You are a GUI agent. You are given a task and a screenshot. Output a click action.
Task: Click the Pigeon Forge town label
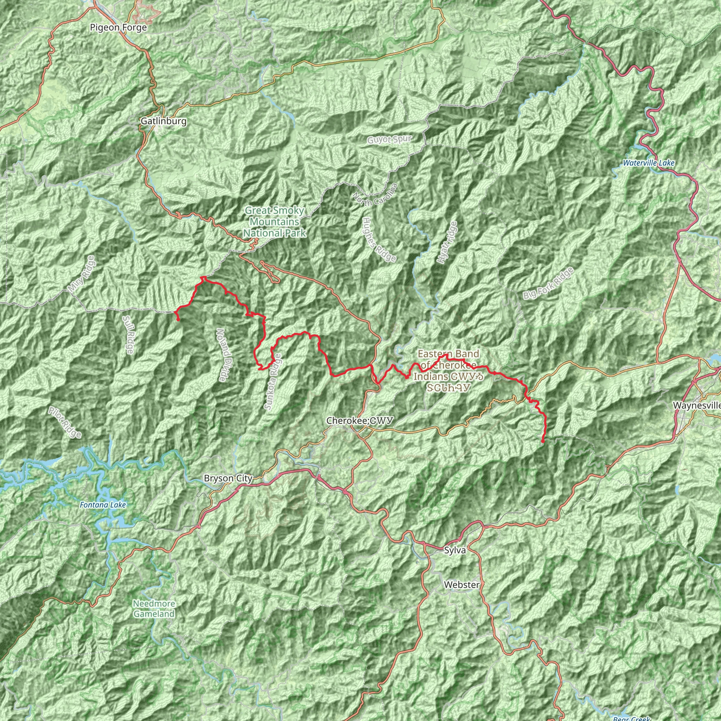[x=118, y=27]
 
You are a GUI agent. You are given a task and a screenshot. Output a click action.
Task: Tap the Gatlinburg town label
[x=163, y=121]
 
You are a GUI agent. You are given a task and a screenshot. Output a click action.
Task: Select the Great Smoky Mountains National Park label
[x=275, y=222]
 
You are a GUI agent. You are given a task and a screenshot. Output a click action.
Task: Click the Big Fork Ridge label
[x=548, y=284]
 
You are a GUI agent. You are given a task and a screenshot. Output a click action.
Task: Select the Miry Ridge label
[x=82, y=274]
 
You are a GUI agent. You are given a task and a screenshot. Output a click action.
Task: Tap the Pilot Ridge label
[x=64, y=422]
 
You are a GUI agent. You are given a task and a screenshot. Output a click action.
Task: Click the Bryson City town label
[x=228, y=478]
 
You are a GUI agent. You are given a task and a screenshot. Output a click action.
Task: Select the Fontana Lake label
[x=103, y=505]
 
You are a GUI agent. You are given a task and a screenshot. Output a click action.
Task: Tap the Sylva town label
[x=455, y=550]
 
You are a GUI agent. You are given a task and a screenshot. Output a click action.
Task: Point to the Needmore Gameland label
[x=154, y=609]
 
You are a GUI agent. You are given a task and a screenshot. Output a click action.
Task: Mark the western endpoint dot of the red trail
[x=178, y=319]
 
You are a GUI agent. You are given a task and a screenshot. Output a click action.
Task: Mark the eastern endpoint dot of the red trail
[x=543, y=441]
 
